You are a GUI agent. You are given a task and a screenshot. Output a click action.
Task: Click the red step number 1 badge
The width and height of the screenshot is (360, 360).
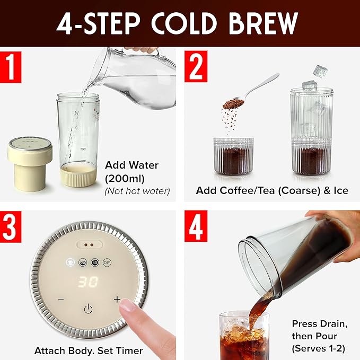[10, 67]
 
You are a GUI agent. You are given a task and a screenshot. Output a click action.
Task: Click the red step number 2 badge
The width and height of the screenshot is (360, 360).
[196, 67]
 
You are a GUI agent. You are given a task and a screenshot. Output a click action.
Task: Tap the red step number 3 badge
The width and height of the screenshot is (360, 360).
[10, 226]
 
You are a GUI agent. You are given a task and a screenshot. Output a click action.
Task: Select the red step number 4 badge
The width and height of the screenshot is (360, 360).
[196, 226]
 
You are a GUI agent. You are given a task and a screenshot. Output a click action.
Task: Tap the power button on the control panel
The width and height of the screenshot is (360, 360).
[88, 309]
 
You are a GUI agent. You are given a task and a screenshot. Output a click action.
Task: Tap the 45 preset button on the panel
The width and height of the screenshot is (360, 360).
[95, 262]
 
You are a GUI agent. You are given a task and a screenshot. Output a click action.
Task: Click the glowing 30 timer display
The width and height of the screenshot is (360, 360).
[88, 282]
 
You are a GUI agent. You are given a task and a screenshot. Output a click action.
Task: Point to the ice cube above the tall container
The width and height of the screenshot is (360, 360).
[319, 70]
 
